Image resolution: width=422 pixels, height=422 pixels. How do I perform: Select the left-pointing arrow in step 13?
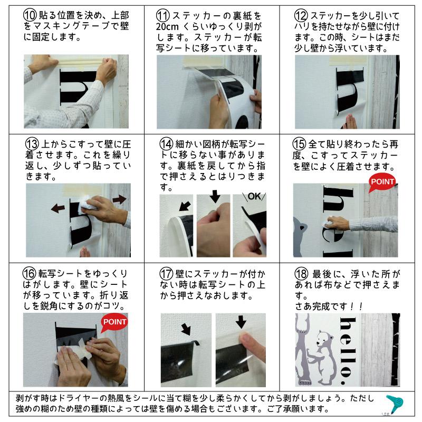59,208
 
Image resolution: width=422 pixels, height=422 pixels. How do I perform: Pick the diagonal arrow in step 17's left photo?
185,329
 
